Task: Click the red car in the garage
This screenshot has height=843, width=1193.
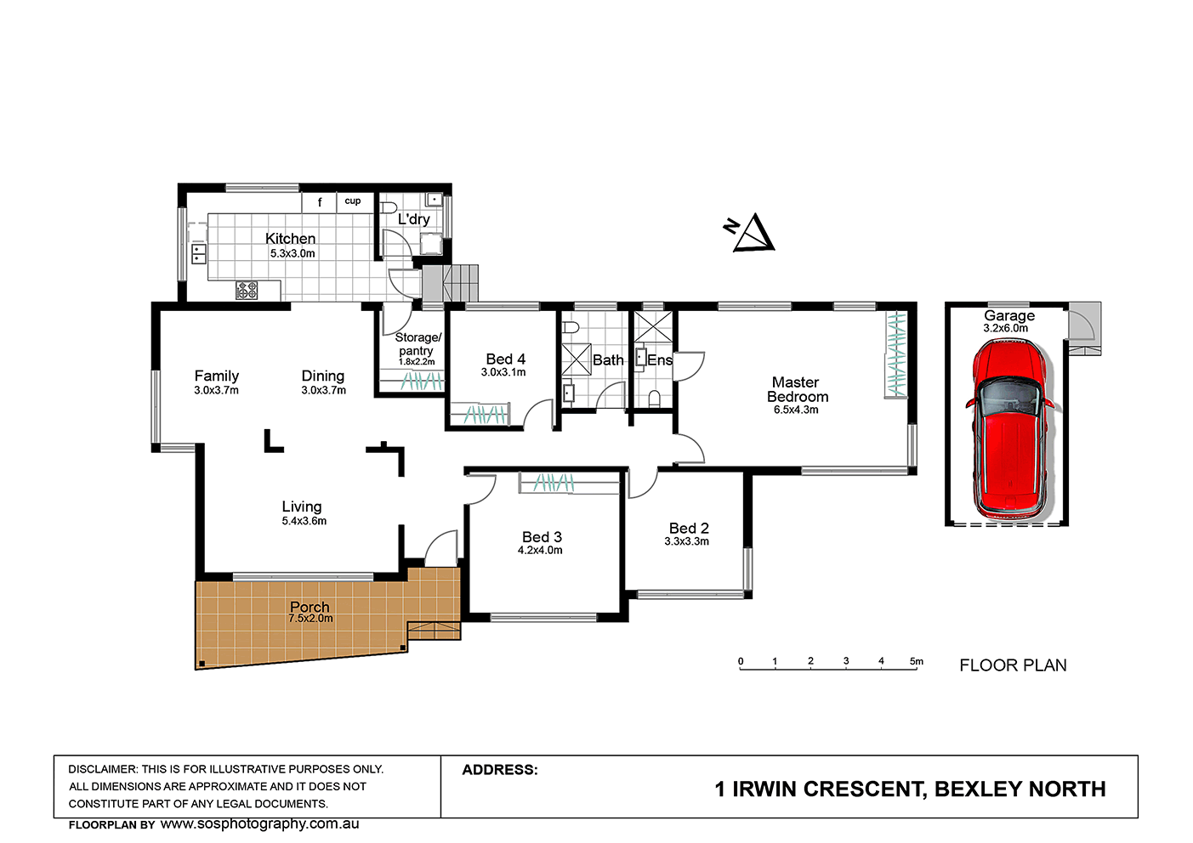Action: coord(1008,429)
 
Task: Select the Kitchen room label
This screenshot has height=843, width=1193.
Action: coord(290,239)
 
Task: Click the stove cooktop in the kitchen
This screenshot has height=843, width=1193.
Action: coord(247,290)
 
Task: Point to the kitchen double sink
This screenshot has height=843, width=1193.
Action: coord(199,254)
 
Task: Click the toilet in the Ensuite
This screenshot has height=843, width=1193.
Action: coord(655,399)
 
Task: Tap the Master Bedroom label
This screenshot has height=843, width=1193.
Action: coord(798,389)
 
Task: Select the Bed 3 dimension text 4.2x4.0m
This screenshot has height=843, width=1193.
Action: coord(540,551)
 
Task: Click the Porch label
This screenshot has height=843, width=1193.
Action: coord(310,607)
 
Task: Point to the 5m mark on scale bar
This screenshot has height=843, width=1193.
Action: coord(917,661)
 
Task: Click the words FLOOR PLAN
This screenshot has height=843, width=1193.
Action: coord(1013,665)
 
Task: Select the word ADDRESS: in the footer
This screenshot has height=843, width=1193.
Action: coord(500,770)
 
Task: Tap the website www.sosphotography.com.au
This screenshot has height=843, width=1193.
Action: coord(260,823)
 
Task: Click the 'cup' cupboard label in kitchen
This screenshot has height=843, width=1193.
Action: coord(353,201)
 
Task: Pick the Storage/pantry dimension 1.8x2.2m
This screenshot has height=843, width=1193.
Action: coord(417,362)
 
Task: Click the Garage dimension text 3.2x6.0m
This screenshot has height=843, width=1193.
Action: coord(1006,328)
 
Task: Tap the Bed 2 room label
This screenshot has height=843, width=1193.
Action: coord(689,528)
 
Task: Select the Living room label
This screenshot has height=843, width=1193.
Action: coord(302,506)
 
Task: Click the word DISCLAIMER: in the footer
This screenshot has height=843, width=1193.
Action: coord(103,769)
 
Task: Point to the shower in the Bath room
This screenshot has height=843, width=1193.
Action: coord(577,359)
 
